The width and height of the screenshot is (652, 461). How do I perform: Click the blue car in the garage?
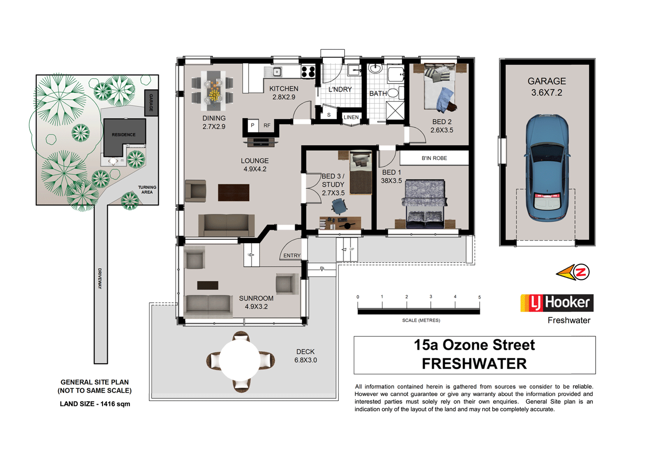[547, 168]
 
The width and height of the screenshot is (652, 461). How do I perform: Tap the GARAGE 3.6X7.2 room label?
[547, 87]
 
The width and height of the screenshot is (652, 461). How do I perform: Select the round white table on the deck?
[240, 360]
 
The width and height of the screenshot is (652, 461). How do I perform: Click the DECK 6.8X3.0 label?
[306, 356]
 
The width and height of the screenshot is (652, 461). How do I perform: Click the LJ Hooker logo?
[557, 303]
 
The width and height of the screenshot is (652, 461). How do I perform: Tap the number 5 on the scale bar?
[479, 297]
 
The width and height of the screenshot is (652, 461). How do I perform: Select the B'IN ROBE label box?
[434, 158]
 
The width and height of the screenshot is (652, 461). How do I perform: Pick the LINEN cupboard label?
[351, 117]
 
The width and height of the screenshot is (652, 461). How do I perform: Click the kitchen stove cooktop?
[308, 72]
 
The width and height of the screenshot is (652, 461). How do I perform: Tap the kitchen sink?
[277, 72]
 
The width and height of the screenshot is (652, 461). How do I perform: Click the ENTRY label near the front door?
[292, 256]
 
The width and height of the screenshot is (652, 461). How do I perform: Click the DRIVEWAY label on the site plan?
[100, 278]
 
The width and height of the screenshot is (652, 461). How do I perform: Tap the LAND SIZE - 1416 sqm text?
[95, 404]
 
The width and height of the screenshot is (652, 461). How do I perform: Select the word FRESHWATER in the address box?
[474, 364]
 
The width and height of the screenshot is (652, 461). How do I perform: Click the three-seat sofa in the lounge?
[227, 225]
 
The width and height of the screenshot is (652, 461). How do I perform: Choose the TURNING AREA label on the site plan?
[147, 190]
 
